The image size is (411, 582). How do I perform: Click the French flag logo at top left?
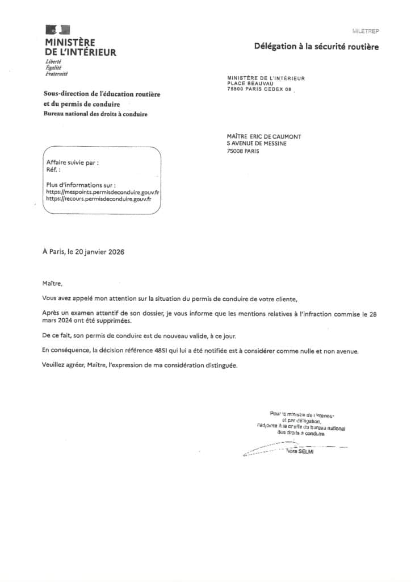tap(57, 30)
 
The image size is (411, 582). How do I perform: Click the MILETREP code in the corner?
tap(365, 31)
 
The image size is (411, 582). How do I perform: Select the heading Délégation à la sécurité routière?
tap(316, 47)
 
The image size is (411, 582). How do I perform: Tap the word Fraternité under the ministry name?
tap(56, 74)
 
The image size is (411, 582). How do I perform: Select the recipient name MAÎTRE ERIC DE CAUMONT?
tap(264, 136)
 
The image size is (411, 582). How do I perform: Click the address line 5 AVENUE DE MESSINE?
tap(256, 144)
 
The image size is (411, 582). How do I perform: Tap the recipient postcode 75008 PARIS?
tap(242, 152)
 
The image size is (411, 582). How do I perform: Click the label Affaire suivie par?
tap(72, 163)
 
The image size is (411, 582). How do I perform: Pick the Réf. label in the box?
tap(53, 169)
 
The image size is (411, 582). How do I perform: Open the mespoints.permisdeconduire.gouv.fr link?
tap(102, 192)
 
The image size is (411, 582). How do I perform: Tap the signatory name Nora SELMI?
tap(300, 451)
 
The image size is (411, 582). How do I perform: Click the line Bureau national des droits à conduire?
tap(95, 114)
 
